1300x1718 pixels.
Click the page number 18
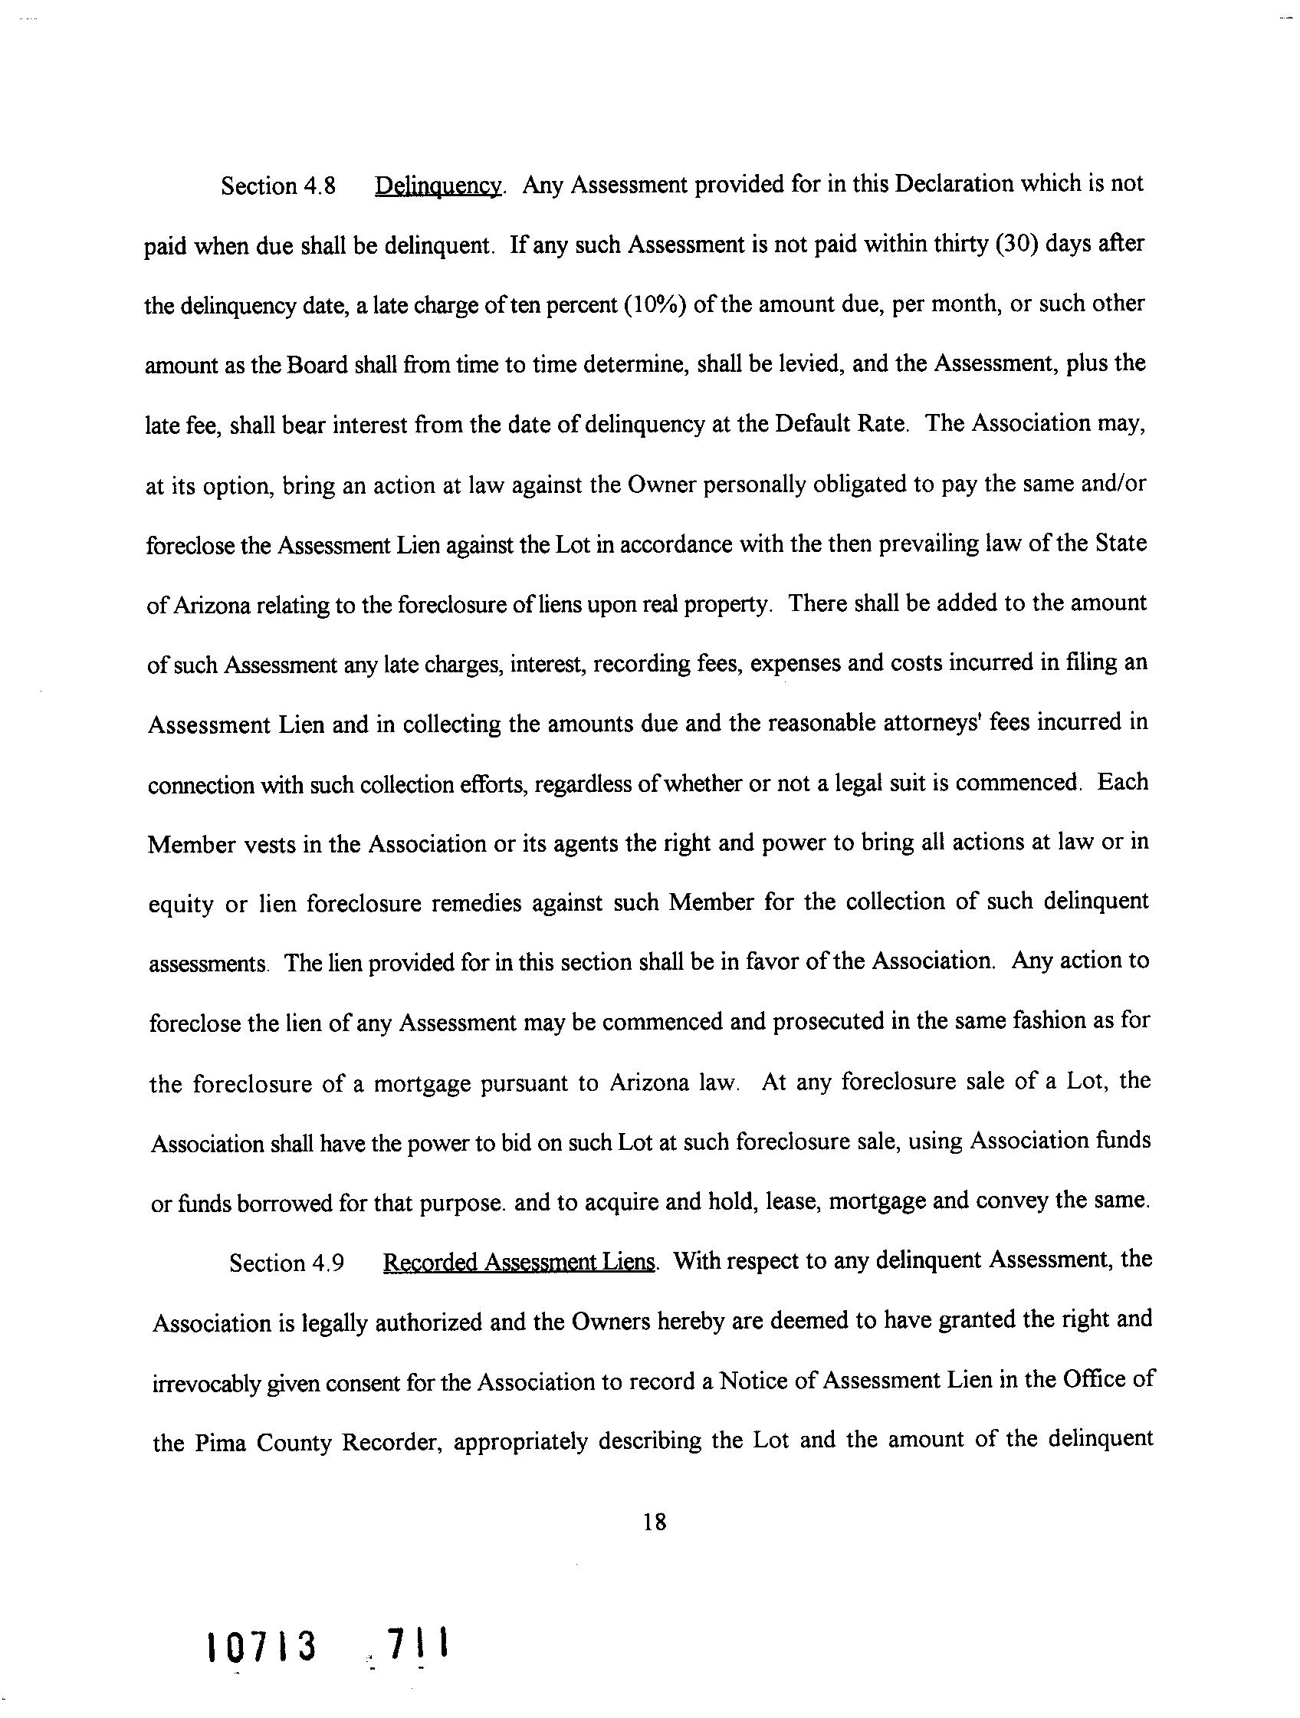(655, 1523)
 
